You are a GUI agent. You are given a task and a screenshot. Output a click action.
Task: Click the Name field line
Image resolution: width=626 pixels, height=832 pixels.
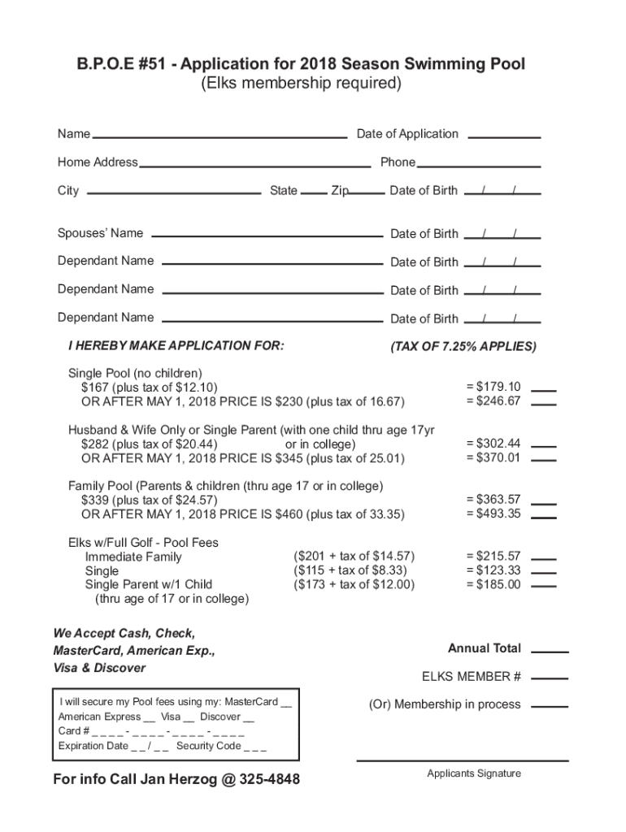coord(220,136)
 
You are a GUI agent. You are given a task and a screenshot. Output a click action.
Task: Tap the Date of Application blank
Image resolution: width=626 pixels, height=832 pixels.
coord(505,136)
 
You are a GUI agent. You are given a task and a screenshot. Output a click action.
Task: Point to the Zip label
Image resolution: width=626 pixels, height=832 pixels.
coord(340,191)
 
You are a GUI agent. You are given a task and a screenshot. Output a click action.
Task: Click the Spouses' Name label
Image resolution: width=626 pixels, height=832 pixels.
coord(100,234)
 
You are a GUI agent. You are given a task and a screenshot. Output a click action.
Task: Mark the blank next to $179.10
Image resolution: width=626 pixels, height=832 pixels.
coord(544,390)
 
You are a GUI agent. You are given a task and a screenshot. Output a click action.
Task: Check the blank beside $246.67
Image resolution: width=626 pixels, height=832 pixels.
coord(544,404)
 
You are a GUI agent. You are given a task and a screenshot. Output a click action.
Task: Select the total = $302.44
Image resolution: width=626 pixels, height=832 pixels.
coord(493,444)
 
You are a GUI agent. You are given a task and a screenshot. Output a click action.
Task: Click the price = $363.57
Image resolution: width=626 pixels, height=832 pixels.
coord(493,500)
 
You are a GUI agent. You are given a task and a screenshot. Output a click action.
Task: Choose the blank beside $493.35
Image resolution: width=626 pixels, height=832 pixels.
coord(544,517)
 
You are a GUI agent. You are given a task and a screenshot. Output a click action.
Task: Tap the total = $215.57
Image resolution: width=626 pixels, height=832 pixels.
coord(493,556)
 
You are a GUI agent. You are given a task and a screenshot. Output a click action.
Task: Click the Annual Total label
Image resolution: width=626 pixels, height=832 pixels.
coord(485,648)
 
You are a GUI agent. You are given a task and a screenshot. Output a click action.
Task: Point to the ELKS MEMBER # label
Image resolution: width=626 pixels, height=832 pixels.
coord(472,677)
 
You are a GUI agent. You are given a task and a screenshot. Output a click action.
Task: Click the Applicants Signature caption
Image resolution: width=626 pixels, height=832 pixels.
coord(474,773)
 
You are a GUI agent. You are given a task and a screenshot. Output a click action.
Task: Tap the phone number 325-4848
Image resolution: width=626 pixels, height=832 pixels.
coord(270,780)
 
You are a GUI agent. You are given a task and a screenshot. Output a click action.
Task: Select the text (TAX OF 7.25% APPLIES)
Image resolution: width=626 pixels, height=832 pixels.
coord(463,347)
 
